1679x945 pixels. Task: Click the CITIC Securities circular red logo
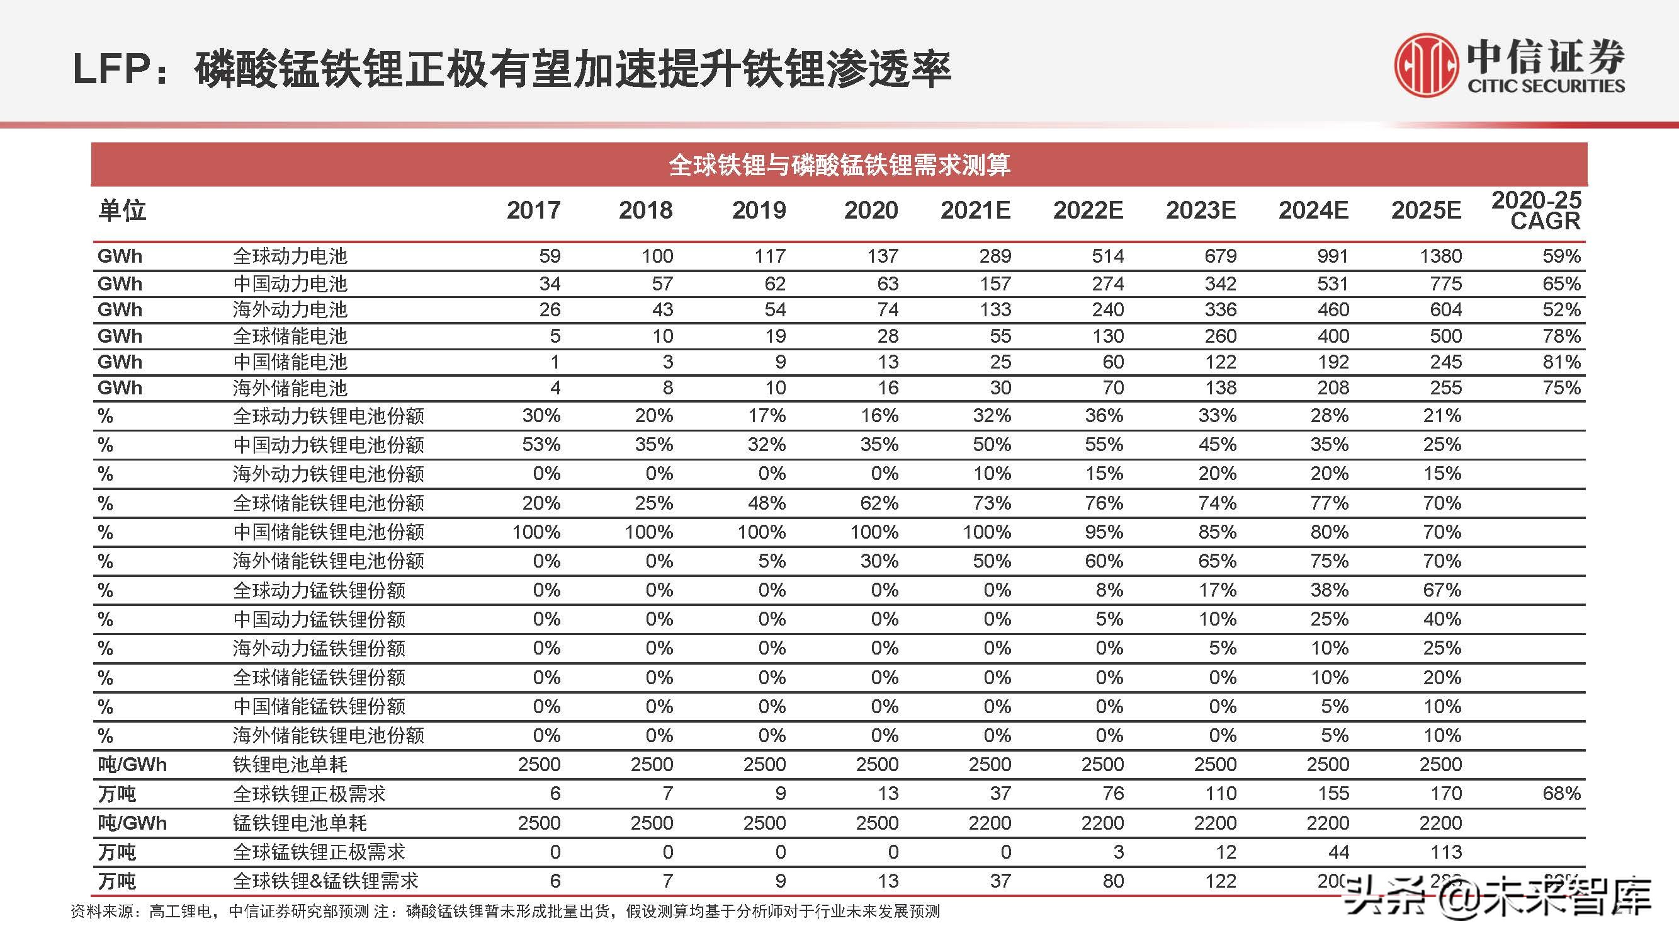point(1426,66)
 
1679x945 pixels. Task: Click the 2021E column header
point(975,210)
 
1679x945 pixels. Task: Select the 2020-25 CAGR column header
point(1535,210)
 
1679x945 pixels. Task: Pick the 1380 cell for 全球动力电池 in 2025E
point(1440,256)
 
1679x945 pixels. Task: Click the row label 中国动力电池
point(290,283)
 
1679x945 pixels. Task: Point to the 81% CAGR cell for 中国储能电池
point(1561,362)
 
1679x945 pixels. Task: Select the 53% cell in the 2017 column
point(541,445)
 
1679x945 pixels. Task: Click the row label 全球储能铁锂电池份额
point(329,503)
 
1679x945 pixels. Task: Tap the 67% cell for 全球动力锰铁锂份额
point(1442,590)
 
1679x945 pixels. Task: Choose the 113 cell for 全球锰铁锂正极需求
point(1445,852)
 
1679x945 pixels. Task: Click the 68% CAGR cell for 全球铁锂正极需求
point(1561,794)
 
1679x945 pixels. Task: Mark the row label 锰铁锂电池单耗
point(300,823)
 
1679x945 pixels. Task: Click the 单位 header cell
point(122,210)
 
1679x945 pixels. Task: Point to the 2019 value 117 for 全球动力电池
point(770,256)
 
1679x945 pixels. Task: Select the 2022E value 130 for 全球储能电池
point(1107,336)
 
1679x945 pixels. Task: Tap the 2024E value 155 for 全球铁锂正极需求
point(1333,794)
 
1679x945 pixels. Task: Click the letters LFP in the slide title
point(112,69)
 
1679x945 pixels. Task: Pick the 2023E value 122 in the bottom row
point(1220,881)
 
